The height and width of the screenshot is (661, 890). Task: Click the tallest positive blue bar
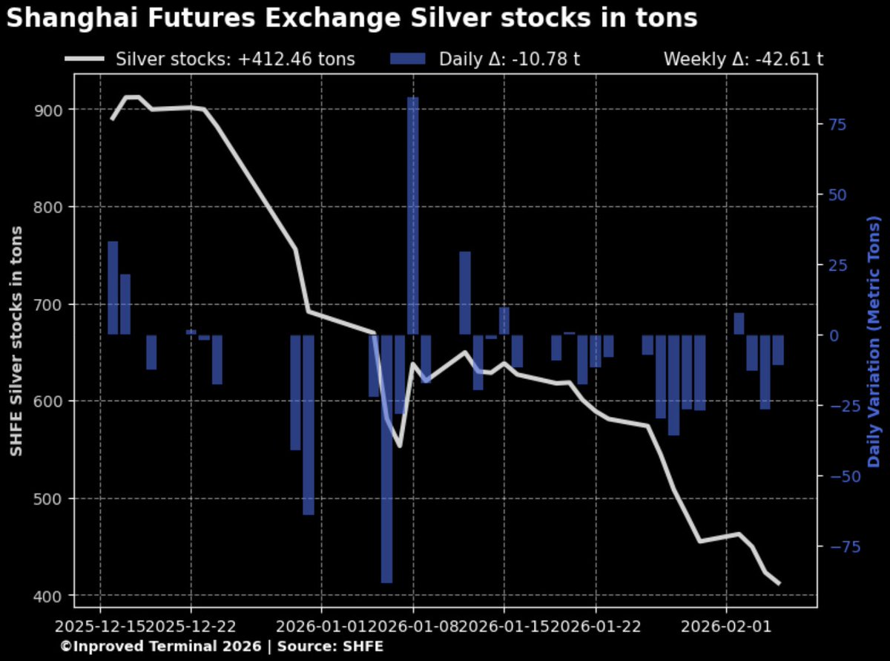click(412, 215)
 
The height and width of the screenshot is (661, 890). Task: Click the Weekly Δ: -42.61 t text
click(743, 59)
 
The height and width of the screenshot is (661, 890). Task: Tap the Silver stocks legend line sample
click(85, 59)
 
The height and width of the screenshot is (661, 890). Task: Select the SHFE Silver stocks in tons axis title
click(16, 341)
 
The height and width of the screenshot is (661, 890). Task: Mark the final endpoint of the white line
click(779, 584)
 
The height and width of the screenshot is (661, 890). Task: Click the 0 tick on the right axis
click(834, 335)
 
